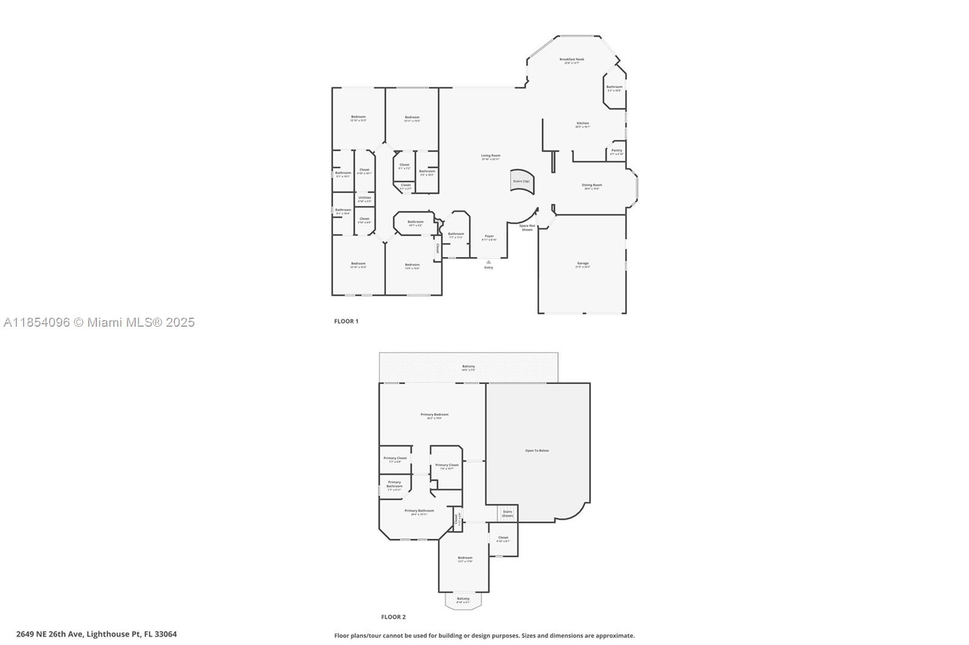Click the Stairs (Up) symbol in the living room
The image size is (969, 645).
coord(521,182)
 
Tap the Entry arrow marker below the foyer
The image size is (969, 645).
coord(489,262)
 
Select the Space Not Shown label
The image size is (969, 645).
coord(527,228)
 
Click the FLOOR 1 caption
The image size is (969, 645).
coord(346,321)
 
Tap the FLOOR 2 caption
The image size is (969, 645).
coord(393,617)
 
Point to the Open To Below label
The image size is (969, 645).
coord(537,451)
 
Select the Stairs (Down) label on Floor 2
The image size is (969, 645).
coord(508,513)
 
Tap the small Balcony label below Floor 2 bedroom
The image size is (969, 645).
coord(463,600)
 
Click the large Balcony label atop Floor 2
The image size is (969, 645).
coord(468,367)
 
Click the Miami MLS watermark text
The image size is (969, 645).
coord(99,322)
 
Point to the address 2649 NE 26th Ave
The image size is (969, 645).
coord(96,634)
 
